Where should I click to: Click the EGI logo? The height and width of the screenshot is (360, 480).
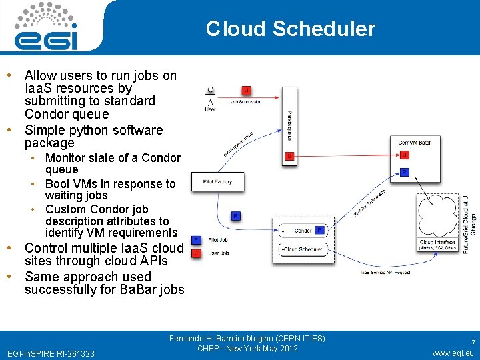tap(48, 27)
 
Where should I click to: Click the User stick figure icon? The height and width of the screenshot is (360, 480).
tap(211, 98)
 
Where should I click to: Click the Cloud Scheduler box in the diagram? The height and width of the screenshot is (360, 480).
tap(303, 249)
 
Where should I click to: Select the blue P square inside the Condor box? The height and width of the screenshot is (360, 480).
tap(319, 231)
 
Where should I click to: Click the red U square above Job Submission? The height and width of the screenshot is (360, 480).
tap(247, 90)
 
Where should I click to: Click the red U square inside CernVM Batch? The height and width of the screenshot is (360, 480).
tap(405, 155)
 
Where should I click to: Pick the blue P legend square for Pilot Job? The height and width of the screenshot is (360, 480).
tap(197, 239)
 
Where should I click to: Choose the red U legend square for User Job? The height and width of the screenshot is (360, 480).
tap(197, 253)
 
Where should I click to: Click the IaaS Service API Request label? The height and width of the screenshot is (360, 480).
tap(386, 273)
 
